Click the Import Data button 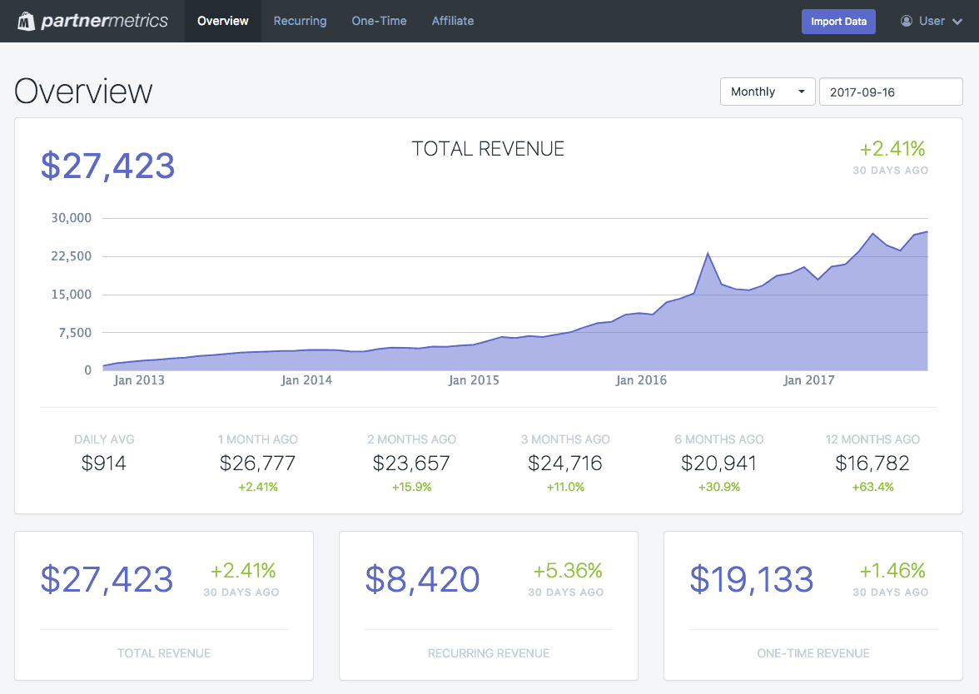click(838, 22)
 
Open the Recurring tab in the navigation click(300, 21)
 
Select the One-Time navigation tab click(379, 21)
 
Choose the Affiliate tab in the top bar click(453, 21)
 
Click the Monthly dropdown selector click(767, 92)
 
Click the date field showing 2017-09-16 click(891, 92)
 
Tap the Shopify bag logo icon click(27, 21)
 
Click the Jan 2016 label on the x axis click(641, 380)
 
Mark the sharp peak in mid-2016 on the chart click(708, 253)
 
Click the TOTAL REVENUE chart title click(488, 149)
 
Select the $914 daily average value click(104, 463)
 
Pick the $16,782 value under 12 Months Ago click(872, 463)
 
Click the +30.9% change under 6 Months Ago click(718, 487)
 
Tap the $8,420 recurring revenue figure click(422, 579)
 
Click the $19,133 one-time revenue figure click(751, 579)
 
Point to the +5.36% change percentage click(567, 571)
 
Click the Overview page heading click(83, 92)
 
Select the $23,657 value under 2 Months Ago click(411, 463)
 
